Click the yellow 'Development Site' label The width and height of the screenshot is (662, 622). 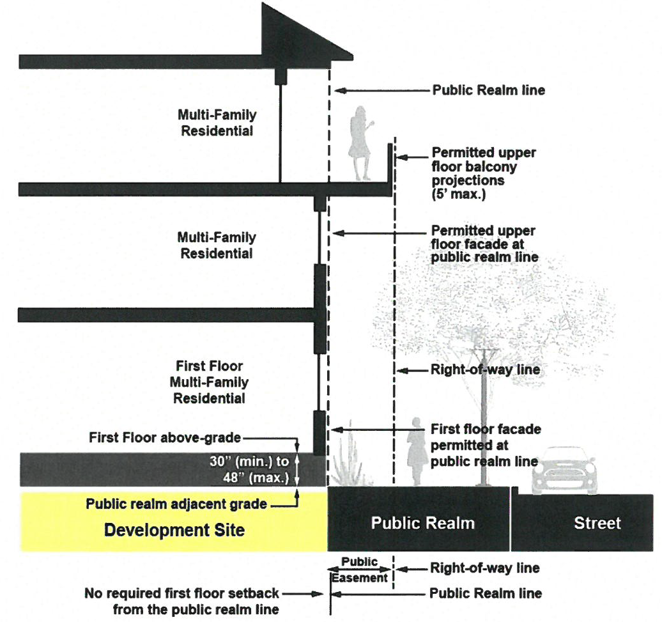[x=174, y=530]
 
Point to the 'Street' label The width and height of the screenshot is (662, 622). [x=597, y=523]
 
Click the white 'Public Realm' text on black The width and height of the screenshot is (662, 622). [x=422, y=523]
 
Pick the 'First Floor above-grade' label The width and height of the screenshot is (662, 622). [x=165, y=438]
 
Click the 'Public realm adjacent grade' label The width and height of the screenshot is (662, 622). [x=176, y=504]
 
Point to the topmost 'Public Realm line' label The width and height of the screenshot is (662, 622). [x=489, y=90]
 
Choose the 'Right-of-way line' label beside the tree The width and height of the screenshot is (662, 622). [x=485, y=369]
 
